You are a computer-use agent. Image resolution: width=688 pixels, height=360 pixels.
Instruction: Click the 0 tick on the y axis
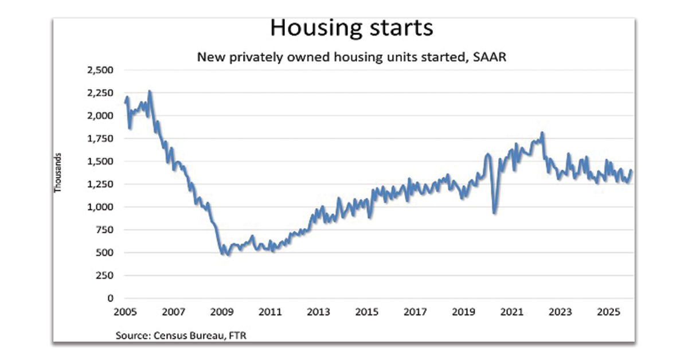point(111,298)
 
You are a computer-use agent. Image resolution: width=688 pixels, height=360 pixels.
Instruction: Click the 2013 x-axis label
point(318,312)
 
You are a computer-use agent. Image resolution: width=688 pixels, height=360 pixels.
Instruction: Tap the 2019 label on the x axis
point(463,312)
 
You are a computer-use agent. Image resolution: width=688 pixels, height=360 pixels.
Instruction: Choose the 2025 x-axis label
point(608,312)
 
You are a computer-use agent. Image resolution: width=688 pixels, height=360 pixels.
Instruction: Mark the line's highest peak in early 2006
point(150,91)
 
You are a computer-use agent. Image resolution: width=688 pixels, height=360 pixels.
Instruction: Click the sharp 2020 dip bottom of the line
point(495,213)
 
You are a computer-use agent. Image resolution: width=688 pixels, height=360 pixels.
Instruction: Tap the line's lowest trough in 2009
point(228,254)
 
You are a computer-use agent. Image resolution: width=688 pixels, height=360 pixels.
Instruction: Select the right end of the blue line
point(632,170)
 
